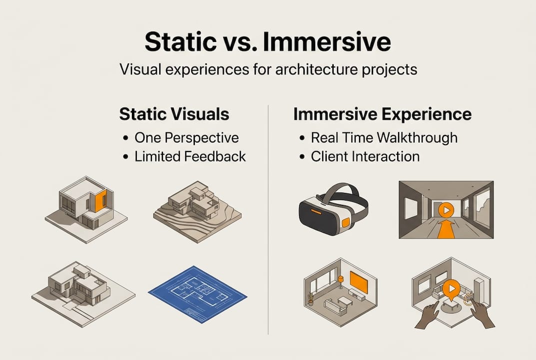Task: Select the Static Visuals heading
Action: coord(174,114)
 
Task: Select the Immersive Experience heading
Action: coord(382,114)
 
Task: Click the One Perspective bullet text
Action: coord(186,137)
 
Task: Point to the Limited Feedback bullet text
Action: coord(190,156)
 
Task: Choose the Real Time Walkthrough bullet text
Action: coord(384,137)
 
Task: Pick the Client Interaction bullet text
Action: coord(365,156)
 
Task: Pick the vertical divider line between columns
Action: coord(269,220)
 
